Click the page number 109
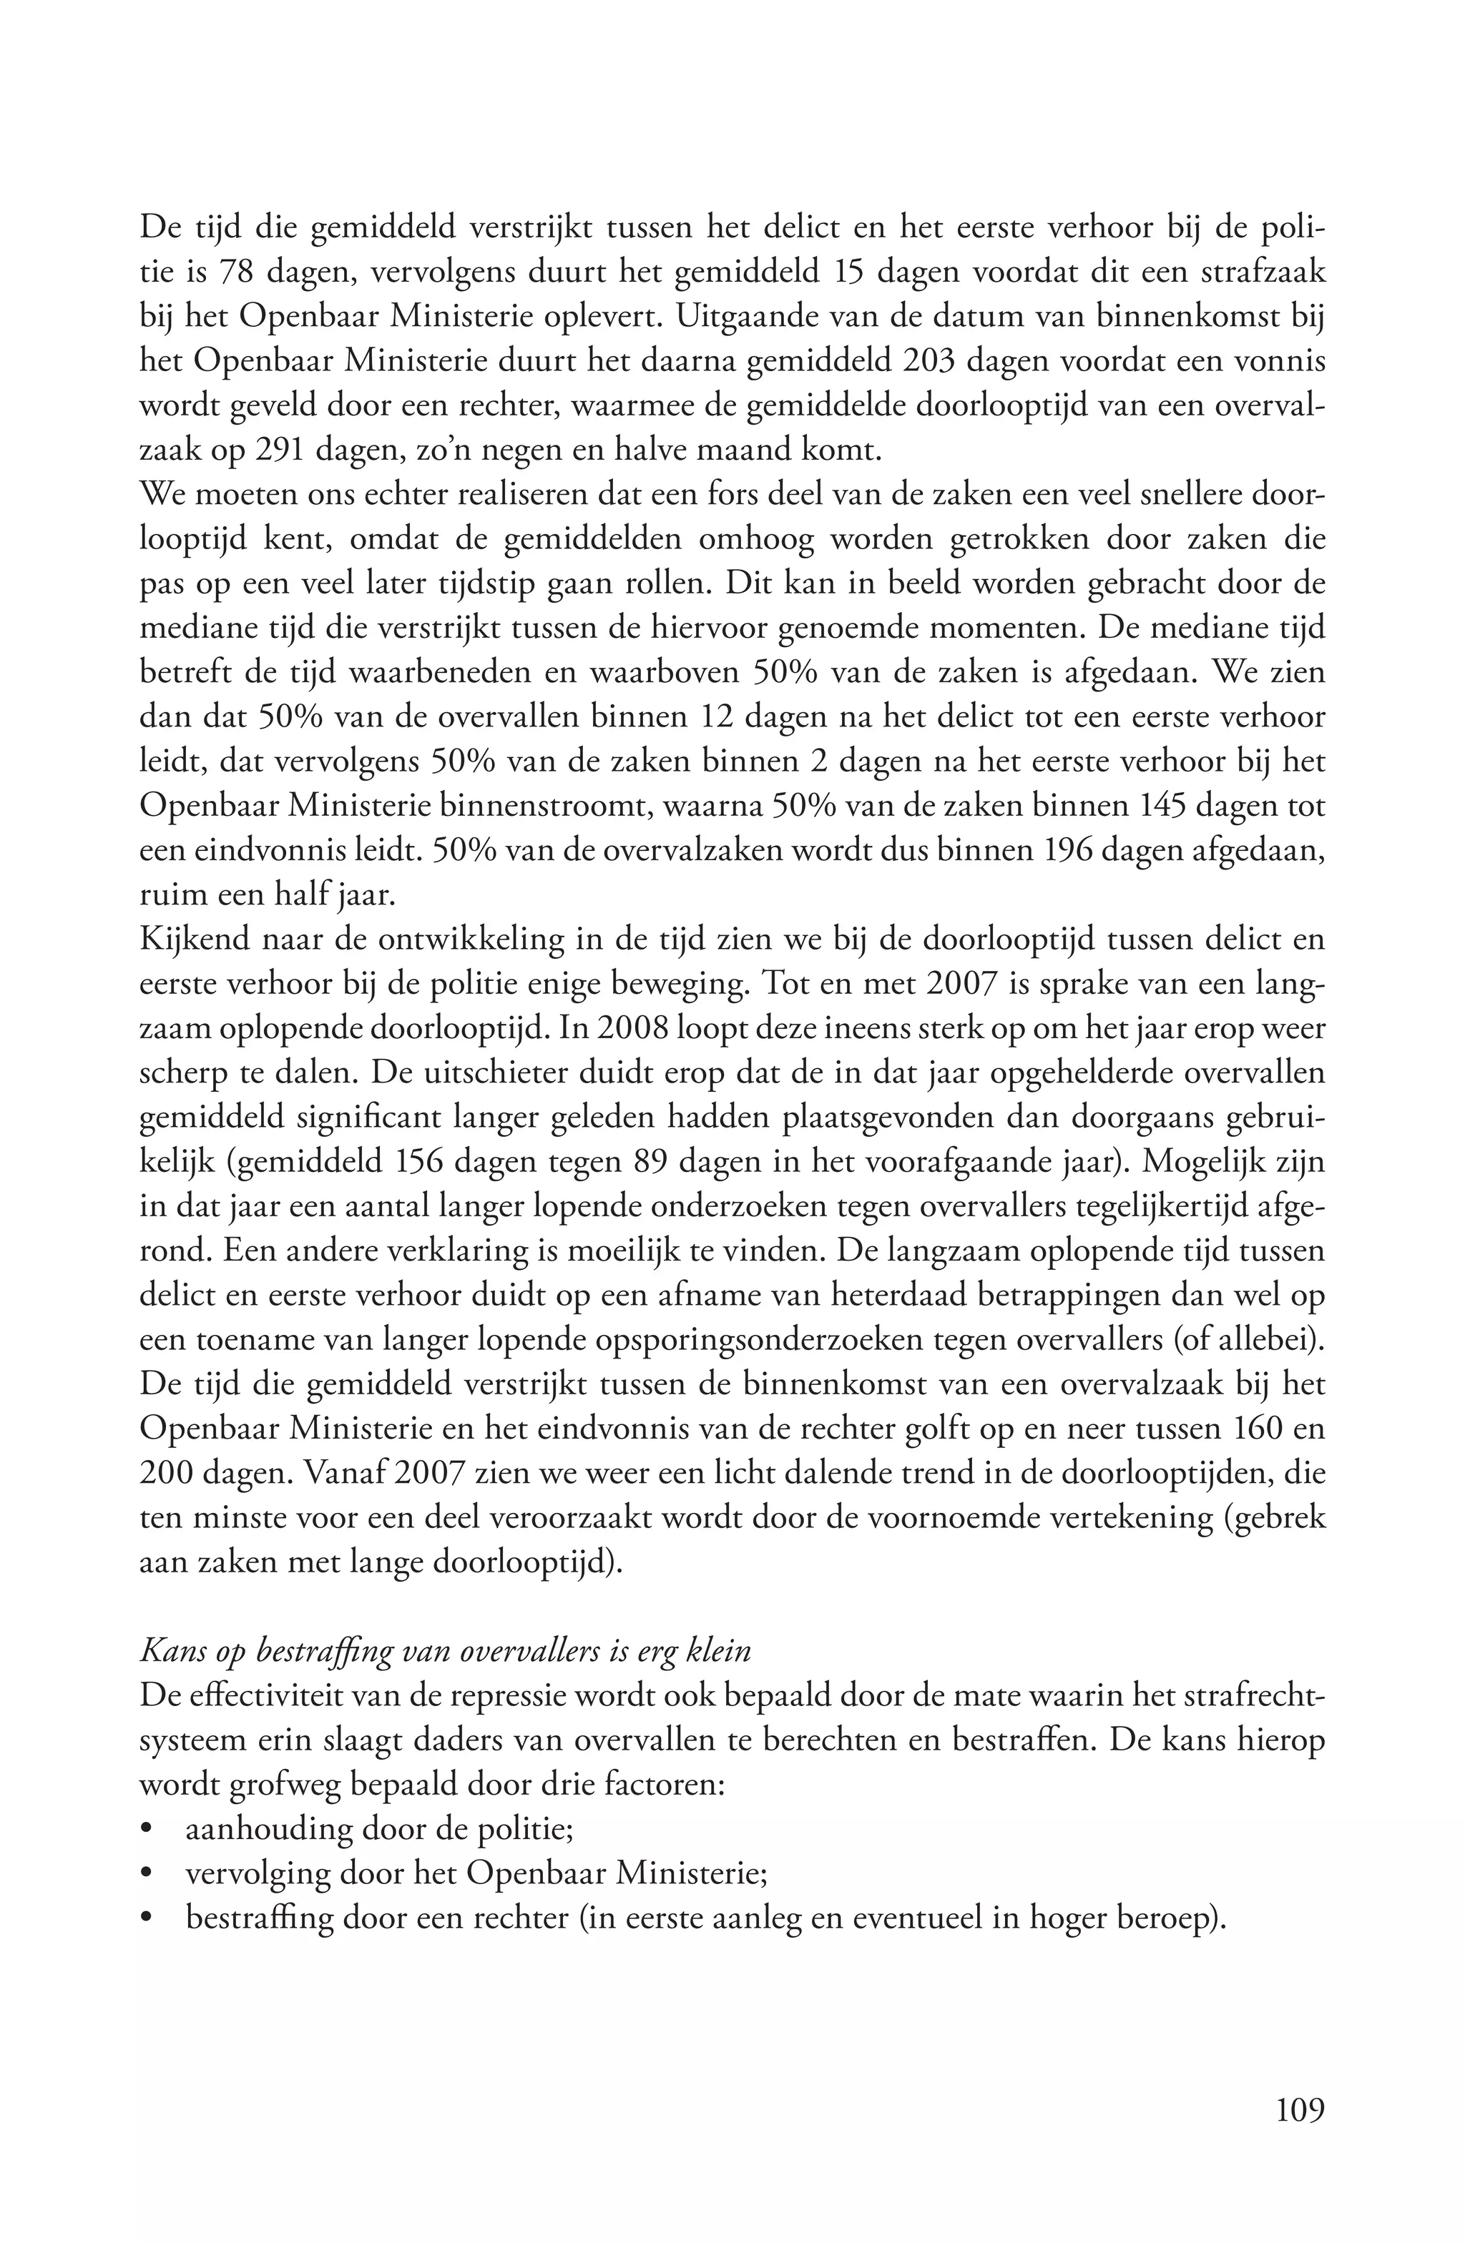pyautogui.click(x=1300, y=2109)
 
